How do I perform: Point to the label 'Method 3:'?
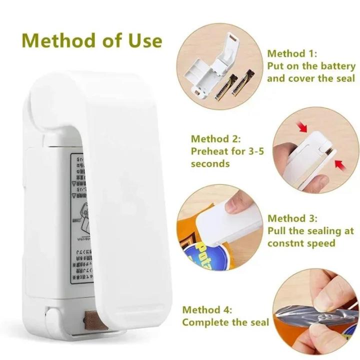(x=292, y=218)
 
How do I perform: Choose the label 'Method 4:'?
(x=207, y=310)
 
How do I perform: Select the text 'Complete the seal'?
(x=225, y=322)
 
